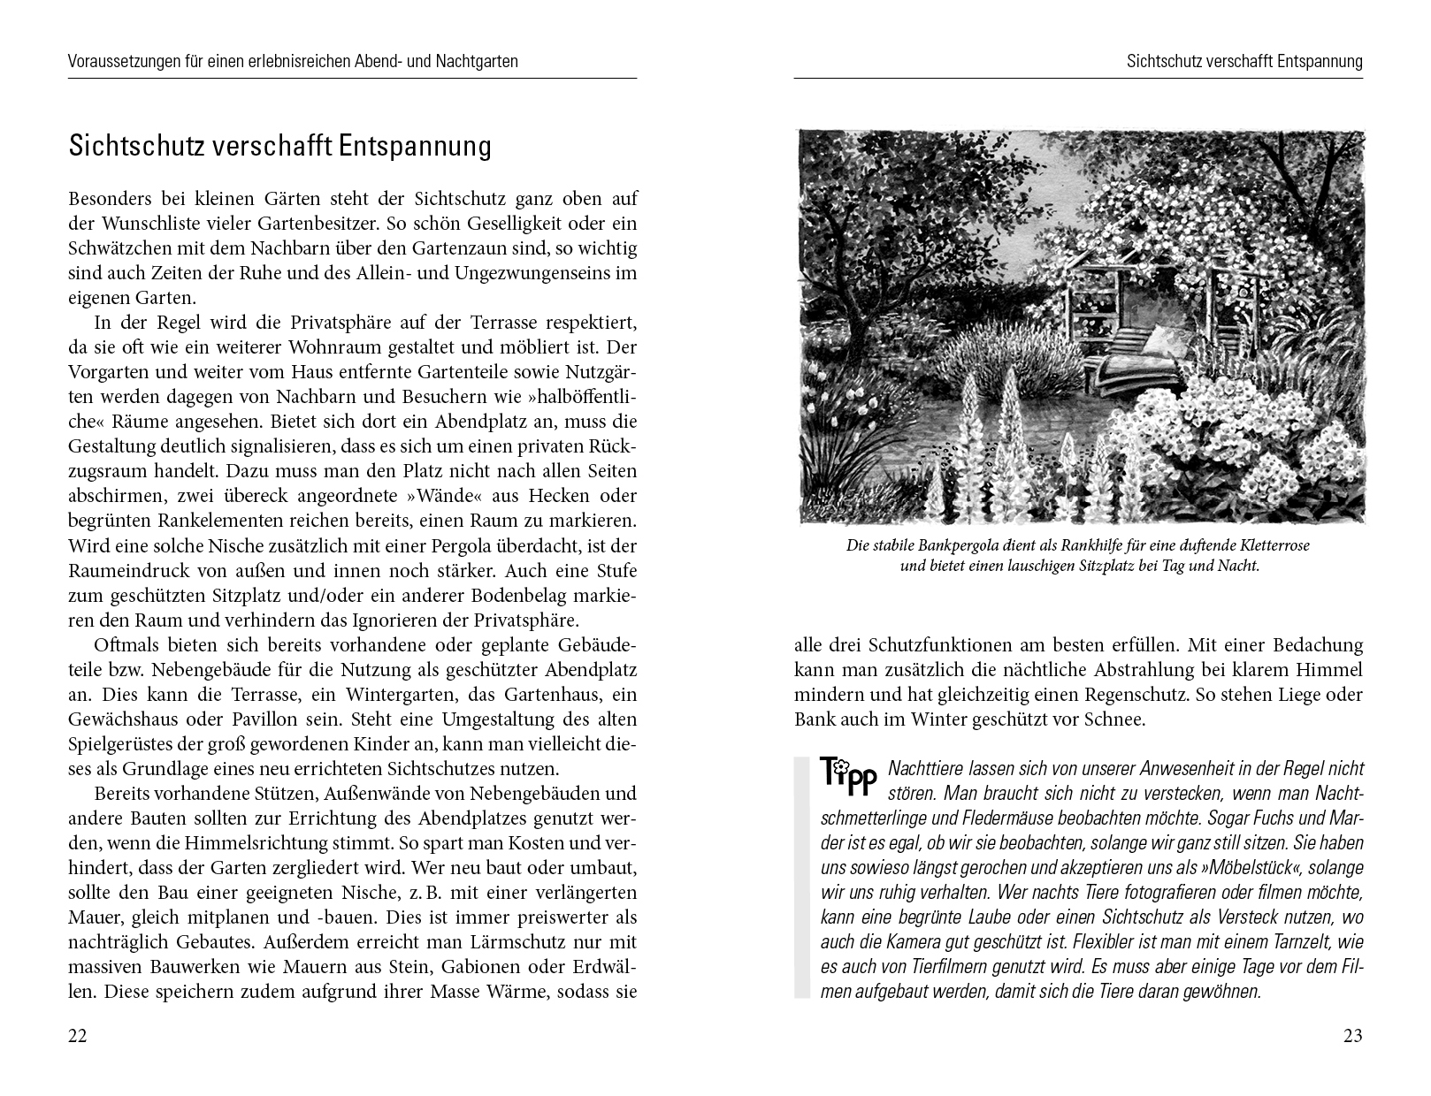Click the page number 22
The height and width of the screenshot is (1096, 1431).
pyautogui.click(x=78, y=1036)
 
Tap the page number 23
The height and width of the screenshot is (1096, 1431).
pyautogui.click(x=1352, y=1036)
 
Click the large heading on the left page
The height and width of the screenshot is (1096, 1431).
pyautogui.click(x=279, y=146)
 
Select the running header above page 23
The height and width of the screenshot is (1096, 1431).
pyautogui.click(x=1244, y=62)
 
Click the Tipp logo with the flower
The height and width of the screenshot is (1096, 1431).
pyautogui.click(x=847, y=774)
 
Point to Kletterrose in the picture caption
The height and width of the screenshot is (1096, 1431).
pyautogui.click(x=1270, y=545)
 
